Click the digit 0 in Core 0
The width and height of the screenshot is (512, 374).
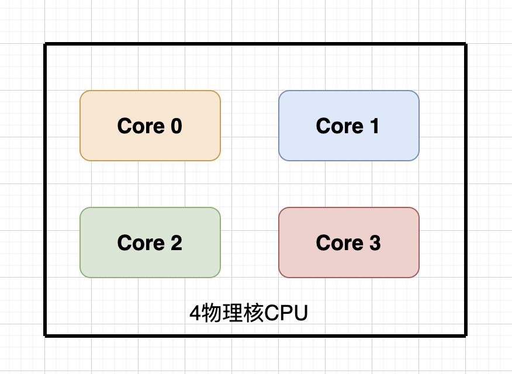click(175, 126)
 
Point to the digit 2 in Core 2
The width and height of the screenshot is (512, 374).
click(175, 243)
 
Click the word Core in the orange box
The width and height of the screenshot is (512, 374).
click(140, 126)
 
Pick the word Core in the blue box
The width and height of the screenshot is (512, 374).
click(339, 126)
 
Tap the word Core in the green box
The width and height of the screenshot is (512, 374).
click(140, 243)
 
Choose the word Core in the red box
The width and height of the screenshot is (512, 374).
click(339, 243)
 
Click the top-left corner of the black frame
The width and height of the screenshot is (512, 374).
click(46, 44)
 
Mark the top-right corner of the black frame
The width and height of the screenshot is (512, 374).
click(466, 44)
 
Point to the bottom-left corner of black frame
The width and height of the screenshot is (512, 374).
click(46, 335)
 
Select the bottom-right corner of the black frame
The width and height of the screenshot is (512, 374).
click(466, 335)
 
